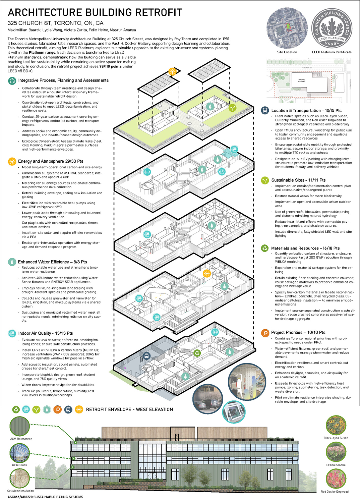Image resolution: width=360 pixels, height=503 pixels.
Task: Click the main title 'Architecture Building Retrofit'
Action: (x=95, y=12)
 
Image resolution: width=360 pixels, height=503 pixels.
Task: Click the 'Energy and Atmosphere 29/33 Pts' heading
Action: (x=51, y=161)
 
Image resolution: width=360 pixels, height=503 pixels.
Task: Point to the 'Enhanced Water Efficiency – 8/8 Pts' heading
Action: (x=52, y=262)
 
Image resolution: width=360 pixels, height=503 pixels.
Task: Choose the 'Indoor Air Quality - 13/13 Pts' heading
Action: (x=46, y=333)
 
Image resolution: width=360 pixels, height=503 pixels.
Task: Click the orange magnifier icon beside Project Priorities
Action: (x=265, y=333)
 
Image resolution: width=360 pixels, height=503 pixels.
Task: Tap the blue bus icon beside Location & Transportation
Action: (x=265, y=110)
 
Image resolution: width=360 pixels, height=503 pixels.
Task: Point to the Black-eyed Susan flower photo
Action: (x=336, y=425)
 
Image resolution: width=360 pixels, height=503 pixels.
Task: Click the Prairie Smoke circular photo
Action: (x=336, y=452)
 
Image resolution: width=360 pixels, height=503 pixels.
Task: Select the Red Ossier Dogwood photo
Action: (x=336, y=479)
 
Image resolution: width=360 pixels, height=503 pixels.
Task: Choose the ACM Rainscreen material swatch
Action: (x=20, y=426)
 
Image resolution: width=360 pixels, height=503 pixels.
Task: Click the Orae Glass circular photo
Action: (x=20, y=453)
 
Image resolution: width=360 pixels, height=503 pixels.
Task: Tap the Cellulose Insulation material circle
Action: (x=20, y=479)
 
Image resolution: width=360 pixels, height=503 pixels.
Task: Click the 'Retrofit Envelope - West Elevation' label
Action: (x=129, y=409)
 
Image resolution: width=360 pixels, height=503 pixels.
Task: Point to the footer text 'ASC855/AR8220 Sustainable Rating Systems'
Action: (x=45, y=497)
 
